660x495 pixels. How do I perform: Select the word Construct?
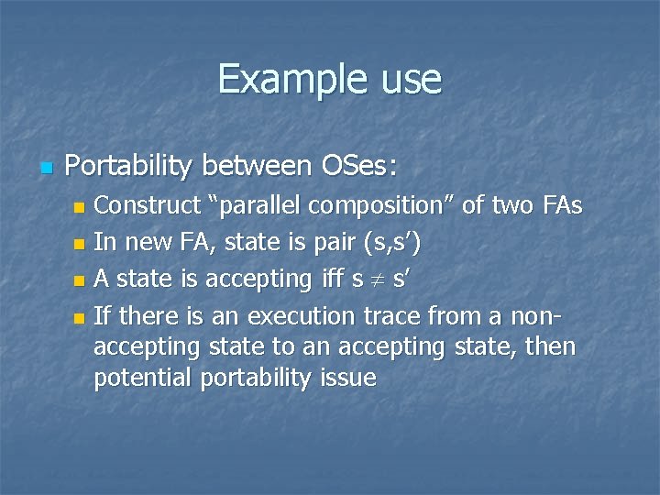pos(148,205)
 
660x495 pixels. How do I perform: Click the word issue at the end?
pos(346,378)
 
